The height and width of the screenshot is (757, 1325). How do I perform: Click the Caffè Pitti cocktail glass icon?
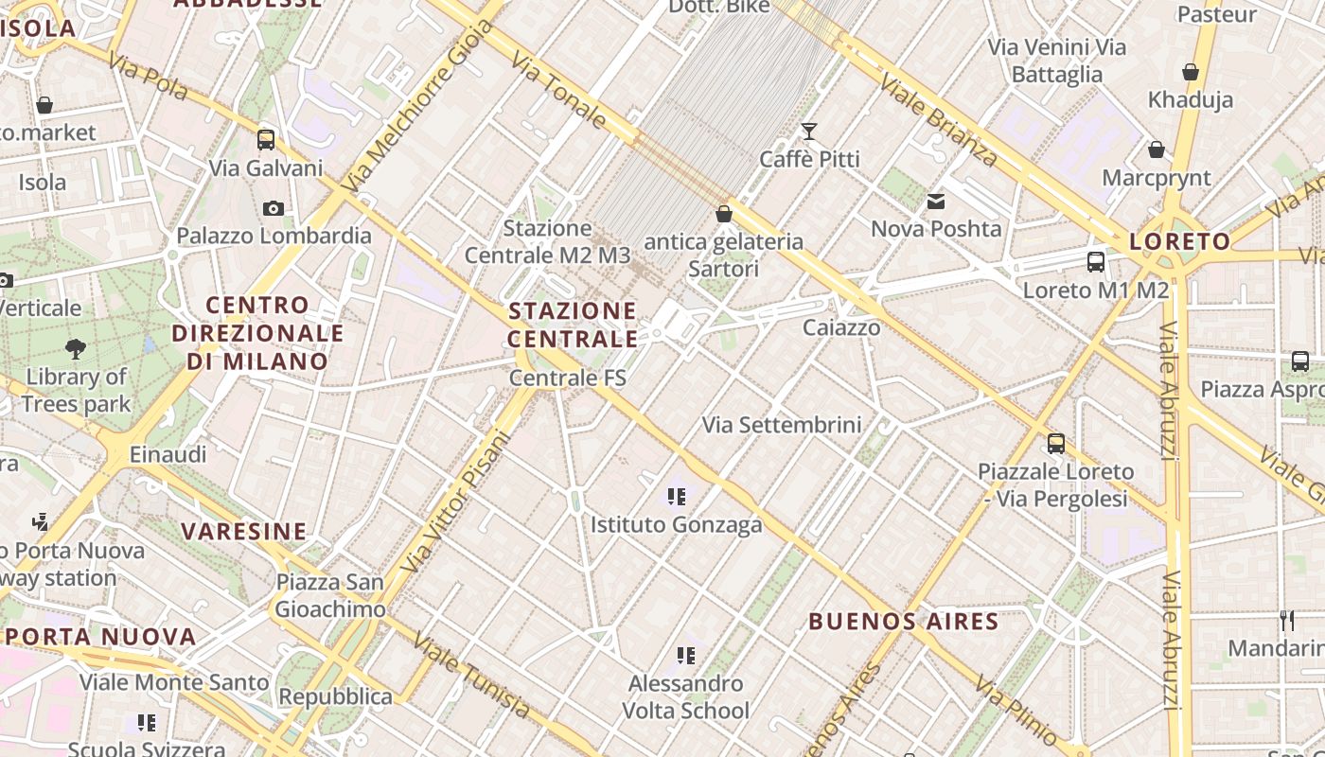[x=809, y=131]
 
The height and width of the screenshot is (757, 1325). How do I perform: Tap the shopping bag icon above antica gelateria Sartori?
[x=724, y=214]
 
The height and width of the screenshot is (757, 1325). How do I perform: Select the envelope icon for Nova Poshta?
[x=936, y=201]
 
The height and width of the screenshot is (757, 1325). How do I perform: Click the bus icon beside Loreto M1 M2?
[x=1096, y=261]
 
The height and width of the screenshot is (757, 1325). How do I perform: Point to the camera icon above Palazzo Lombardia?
[x=274, y=208]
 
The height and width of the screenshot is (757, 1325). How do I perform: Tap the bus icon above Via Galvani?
[x=266, y=140]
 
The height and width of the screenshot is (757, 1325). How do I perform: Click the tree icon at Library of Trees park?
[x=76, y=349]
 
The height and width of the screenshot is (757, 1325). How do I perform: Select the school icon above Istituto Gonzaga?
[x=676, y=496]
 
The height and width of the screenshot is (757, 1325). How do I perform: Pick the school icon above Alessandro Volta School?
[x=686, y=655]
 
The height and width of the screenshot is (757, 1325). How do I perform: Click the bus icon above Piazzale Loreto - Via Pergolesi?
[x=1056, y=443]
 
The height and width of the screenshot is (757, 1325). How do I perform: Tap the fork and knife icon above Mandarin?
[x=1287, y=621]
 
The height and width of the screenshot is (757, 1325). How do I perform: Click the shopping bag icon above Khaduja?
[x=1191, y=72]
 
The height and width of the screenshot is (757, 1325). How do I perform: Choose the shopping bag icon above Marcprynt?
[x=1156, y=150]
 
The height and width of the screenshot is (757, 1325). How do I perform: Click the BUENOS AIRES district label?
[x=904, y=622]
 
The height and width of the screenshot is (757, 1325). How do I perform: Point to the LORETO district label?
[x=1179, y=241]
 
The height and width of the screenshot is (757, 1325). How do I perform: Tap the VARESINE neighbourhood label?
[x=244, y=531]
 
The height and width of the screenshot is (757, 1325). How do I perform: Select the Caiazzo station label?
[x=841, y=327]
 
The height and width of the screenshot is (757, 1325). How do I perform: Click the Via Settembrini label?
[x=782, y=425]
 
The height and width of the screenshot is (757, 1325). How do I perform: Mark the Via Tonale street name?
[x=559, y=91]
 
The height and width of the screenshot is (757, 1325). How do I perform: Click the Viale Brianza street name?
[x=938, y=120]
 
